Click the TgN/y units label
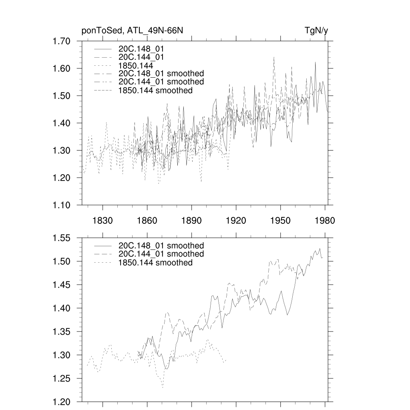pos(311,31)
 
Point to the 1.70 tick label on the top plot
pos(62,41)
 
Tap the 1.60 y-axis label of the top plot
pos(62,68)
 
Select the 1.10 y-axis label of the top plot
pos(62,205)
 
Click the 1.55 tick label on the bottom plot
pos(62,238)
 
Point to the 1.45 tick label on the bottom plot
pos(62,285)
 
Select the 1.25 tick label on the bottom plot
pos(62,378)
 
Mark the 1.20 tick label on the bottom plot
pos(62,402)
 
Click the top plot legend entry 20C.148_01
pos(141,49)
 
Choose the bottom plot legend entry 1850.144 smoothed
pos(156,263)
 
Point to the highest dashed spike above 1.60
pos(274,57)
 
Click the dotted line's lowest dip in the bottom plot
pos(163,387)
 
